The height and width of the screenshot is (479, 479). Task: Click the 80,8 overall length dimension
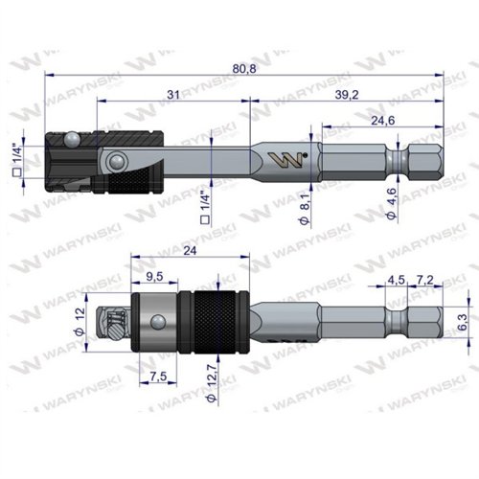click(x=244, y=68)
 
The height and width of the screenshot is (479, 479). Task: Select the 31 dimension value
click(x=173, y=95)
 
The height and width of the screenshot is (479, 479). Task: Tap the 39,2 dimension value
click(x=347, y=95)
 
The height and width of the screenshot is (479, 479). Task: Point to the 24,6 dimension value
click(x=383, y=121)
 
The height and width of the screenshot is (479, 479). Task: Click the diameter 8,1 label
click(x=305, y=209)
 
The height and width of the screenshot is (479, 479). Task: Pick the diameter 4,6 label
click(x=392, y=204)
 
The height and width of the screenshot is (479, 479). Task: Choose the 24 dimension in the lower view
click(x=190, y=251)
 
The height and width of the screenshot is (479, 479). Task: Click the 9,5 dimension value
click(x=154, y=277)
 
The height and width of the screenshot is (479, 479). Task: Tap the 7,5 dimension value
click(x=158, y=376)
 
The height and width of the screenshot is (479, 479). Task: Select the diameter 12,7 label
click(x=212, y=383)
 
